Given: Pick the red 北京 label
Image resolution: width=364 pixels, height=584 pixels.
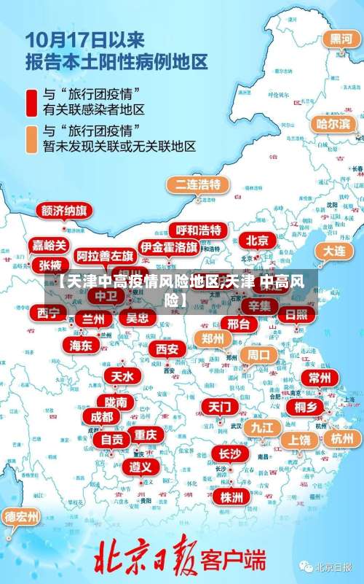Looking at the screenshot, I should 257,241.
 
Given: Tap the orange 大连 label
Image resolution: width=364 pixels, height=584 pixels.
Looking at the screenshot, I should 335,251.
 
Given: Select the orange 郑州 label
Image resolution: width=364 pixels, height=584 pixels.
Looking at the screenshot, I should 213,339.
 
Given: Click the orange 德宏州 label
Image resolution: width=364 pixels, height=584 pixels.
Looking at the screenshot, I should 22,517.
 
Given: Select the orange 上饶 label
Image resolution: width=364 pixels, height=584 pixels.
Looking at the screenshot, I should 299,440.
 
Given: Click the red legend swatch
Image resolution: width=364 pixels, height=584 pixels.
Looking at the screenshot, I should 31,101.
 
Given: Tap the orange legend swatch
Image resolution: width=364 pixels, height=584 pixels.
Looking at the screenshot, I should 31,139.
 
